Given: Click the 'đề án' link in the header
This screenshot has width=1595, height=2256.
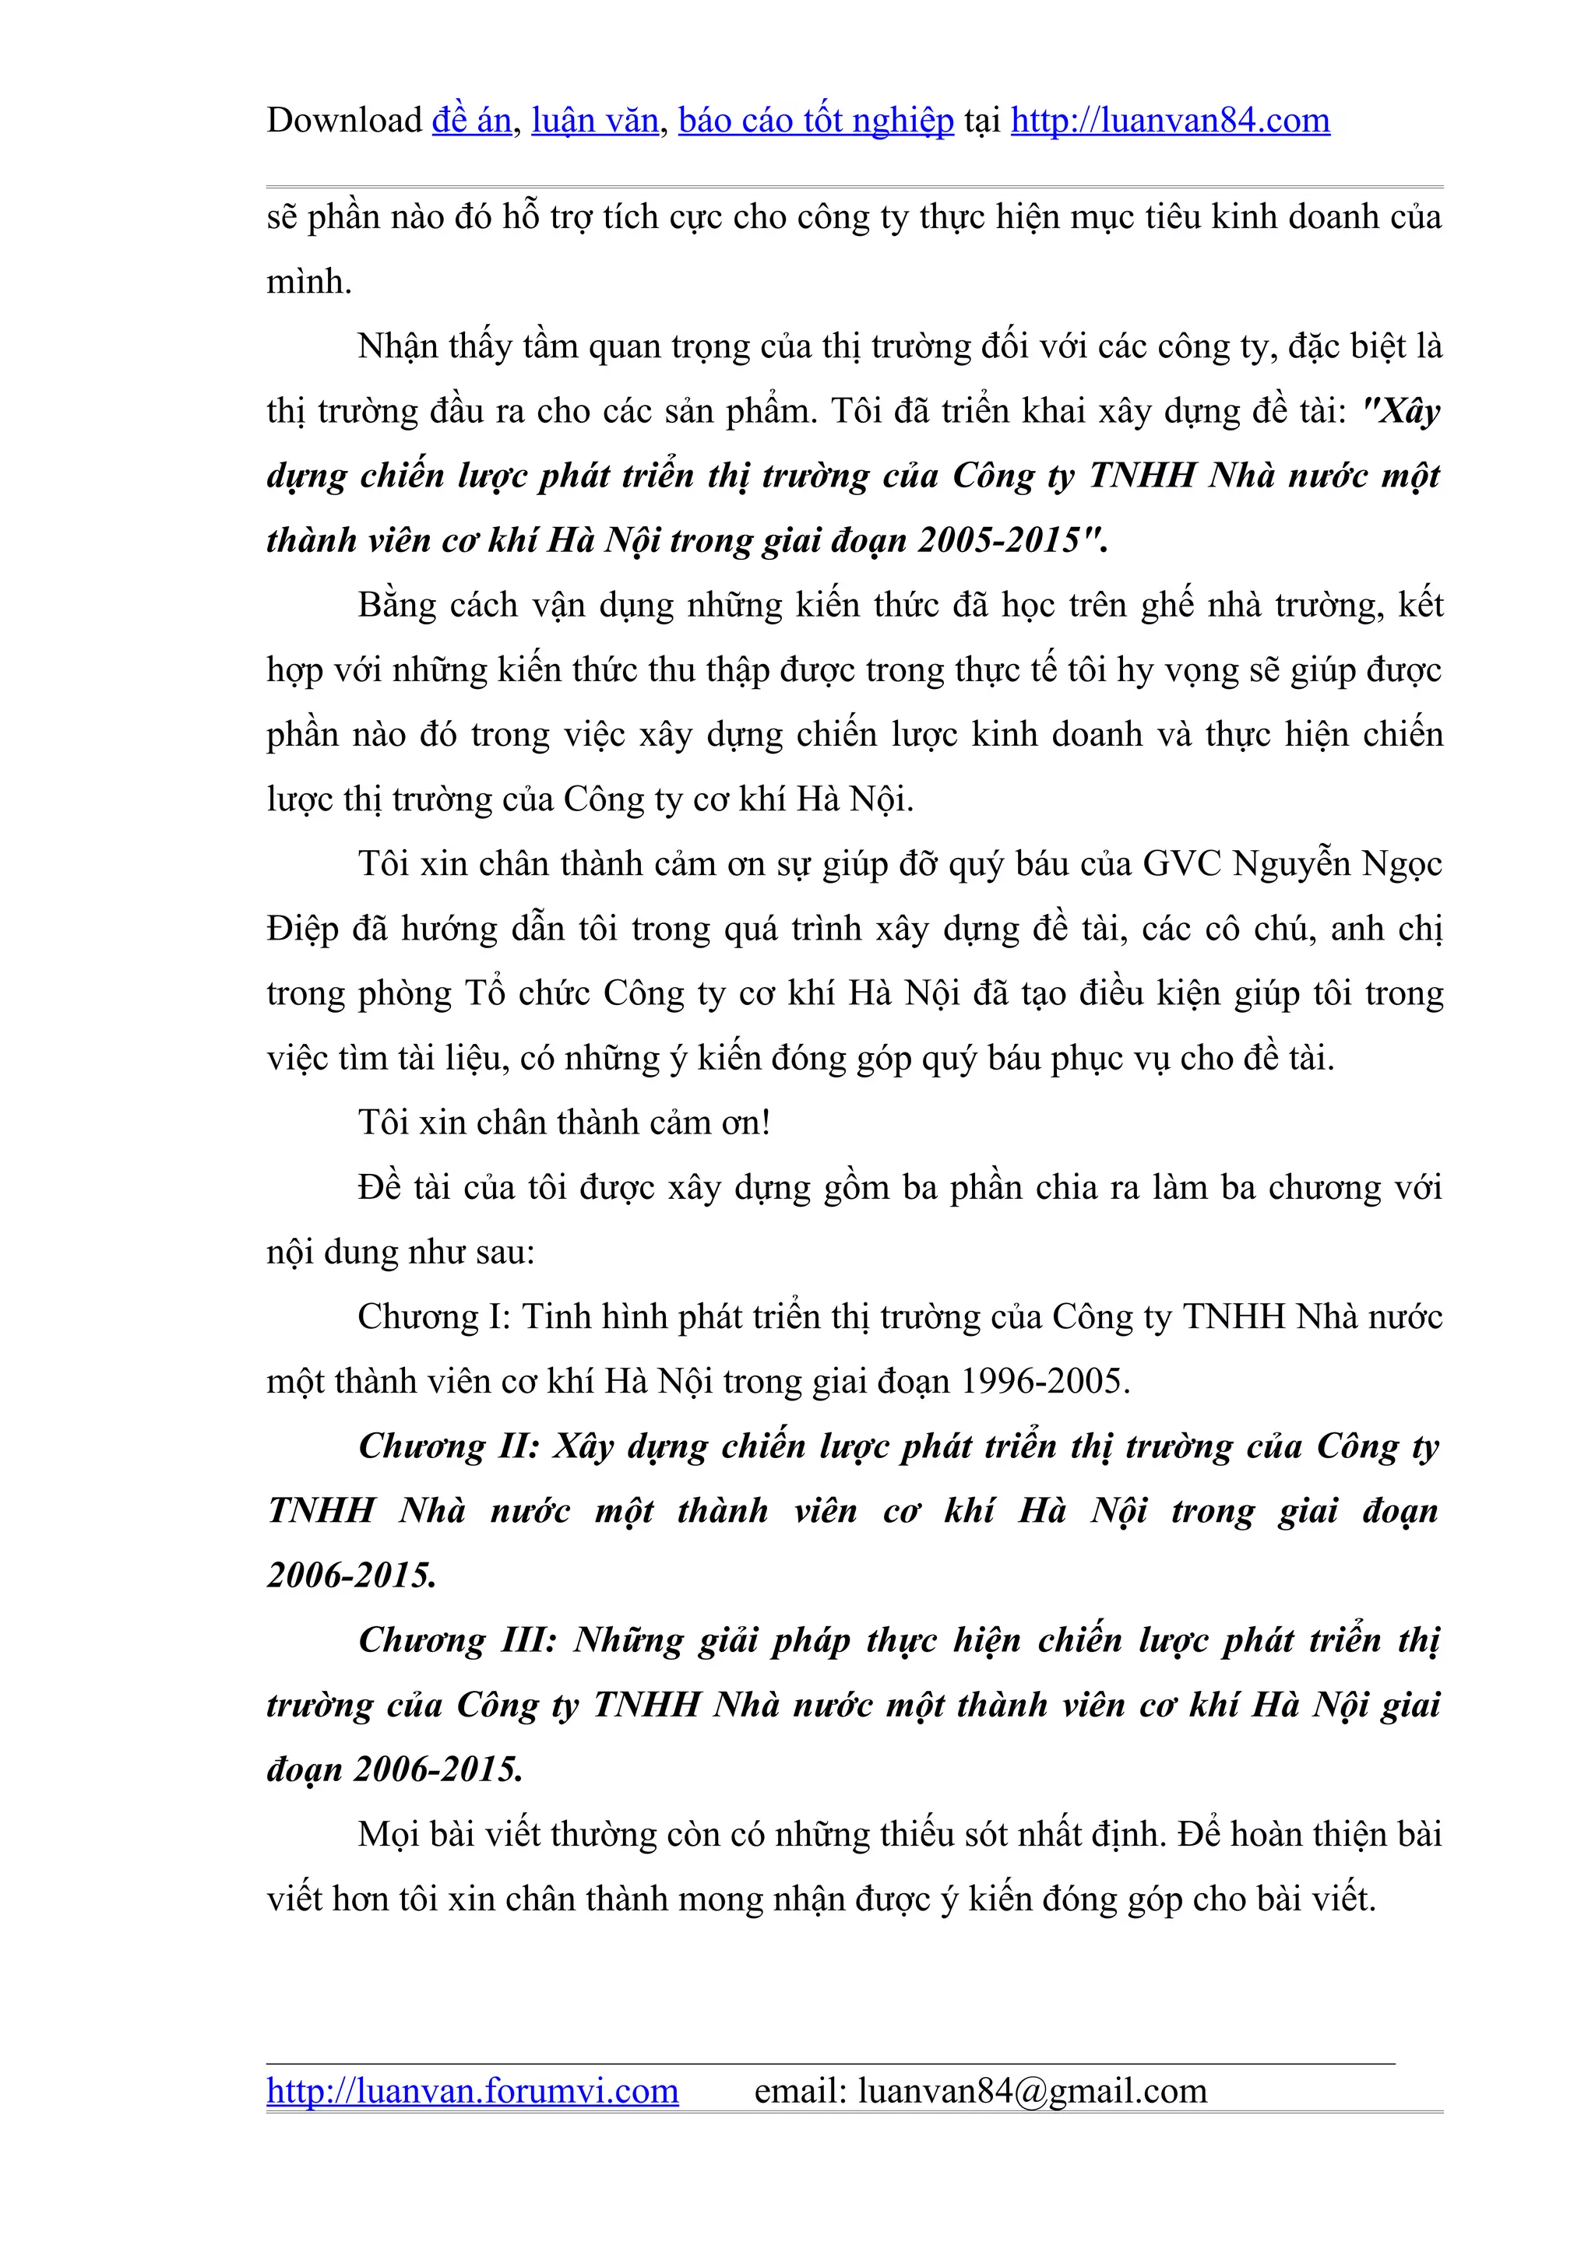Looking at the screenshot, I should [x=472, y=121].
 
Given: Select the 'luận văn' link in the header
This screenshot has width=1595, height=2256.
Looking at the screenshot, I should [x=594, y=121].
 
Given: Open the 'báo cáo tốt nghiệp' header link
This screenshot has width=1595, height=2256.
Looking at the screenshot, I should [x=815, y=121].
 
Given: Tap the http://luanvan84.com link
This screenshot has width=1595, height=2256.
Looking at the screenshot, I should [x=1170, y=121].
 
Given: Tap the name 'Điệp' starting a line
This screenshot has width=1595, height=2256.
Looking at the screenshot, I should [x=301, y=929].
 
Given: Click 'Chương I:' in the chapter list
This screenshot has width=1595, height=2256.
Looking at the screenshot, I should [x=433, y=1316].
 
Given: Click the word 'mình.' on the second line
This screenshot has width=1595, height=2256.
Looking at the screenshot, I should [x=308, y=282].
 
